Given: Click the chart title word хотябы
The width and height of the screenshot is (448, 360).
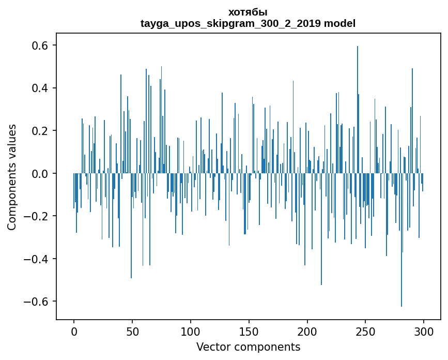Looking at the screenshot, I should pos(248,12).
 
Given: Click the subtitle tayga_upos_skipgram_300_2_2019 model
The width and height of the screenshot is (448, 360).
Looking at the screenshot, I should pos(248,23).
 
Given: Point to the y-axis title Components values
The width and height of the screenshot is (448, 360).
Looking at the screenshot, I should pos(12,177).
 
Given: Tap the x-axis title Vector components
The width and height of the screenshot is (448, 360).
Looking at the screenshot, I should pos(248,347).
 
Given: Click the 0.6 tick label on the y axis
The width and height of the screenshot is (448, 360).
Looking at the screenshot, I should pos(40,46).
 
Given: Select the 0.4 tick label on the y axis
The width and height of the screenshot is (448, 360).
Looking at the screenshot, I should pos(40,88).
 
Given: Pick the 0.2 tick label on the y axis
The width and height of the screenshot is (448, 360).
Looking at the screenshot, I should pos(40,131).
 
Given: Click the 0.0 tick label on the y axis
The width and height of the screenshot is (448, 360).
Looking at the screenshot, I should pos(40,173).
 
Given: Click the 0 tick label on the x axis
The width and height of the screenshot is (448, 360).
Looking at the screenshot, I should pos(74,331).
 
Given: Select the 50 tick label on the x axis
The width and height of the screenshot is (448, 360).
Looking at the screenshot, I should pos(132,331).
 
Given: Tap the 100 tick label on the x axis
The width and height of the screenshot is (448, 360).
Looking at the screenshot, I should pos(191,331).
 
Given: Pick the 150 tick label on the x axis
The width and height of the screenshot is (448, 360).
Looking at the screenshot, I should pos(249,331).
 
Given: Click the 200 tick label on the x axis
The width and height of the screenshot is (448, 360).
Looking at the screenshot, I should pos(307,331).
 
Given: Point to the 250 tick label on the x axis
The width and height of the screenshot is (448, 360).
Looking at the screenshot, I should pos(366,331).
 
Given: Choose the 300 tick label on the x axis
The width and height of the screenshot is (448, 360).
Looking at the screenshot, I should pos(424,331).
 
